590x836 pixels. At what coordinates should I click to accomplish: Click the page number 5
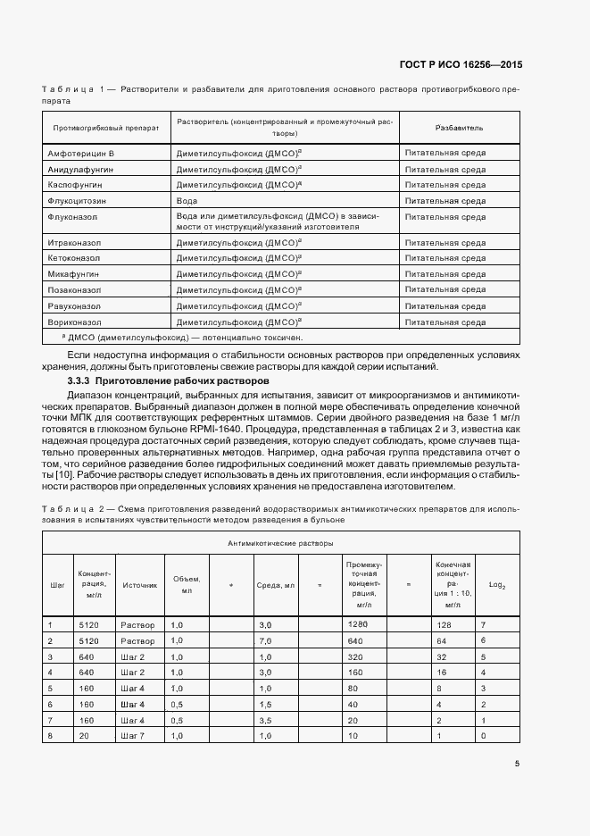518,763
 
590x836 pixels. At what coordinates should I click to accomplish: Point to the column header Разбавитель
459,128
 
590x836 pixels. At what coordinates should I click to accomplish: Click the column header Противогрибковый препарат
106,128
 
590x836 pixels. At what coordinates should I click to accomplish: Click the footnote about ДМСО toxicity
183,338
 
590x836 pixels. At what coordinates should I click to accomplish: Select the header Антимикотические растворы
280,542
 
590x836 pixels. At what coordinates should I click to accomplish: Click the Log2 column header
497,586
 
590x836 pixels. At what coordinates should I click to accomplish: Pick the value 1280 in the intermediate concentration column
358,624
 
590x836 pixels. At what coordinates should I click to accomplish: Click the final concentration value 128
443,625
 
